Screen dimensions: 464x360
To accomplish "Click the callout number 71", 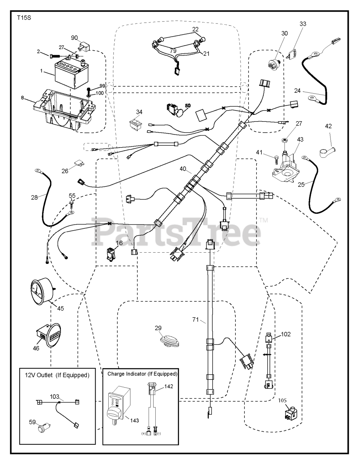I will [196, 319].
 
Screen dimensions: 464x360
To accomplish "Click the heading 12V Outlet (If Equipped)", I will [57, 375].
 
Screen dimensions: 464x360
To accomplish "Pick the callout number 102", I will [285, 334].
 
